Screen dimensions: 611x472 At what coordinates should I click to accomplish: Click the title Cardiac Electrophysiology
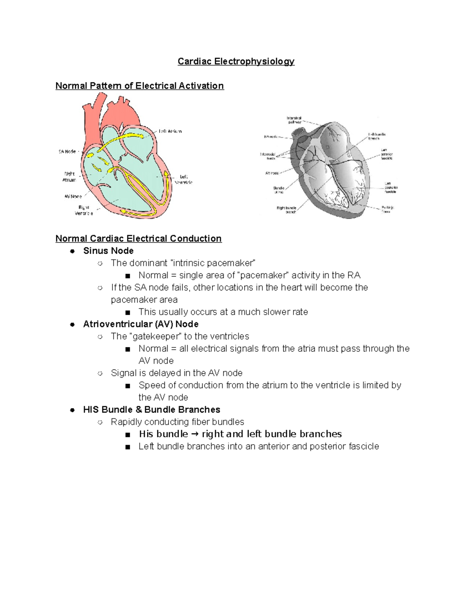click(x=236, y=61)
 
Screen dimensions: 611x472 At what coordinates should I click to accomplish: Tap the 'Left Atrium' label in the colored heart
click(x=170, y=131)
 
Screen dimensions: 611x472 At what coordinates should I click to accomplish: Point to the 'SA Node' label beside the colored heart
click(x=67, y=151)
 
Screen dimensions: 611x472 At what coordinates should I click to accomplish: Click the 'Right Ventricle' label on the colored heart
click(x=84, y=210)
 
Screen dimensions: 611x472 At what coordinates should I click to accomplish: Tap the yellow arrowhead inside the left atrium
click(x=140, y=136)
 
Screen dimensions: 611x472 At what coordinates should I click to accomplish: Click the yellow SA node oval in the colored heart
click(x=90, y=155)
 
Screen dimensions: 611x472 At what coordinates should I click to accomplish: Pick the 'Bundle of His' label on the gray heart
click(x=278, y=190)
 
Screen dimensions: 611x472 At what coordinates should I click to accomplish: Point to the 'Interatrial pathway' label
click(x=294, y=120)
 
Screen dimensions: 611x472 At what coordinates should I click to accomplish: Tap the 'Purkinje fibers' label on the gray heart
click(x=387, y=209)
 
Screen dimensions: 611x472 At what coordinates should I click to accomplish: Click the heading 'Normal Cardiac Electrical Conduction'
click(x=138, y=238)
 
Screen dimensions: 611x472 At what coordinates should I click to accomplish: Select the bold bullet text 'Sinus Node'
click(x=108, y=251)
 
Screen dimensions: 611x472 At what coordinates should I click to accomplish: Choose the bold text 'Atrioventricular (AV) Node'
click(x=141, y=324)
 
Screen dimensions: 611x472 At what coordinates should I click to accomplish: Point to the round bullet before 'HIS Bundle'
click(x=72, y=410)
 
